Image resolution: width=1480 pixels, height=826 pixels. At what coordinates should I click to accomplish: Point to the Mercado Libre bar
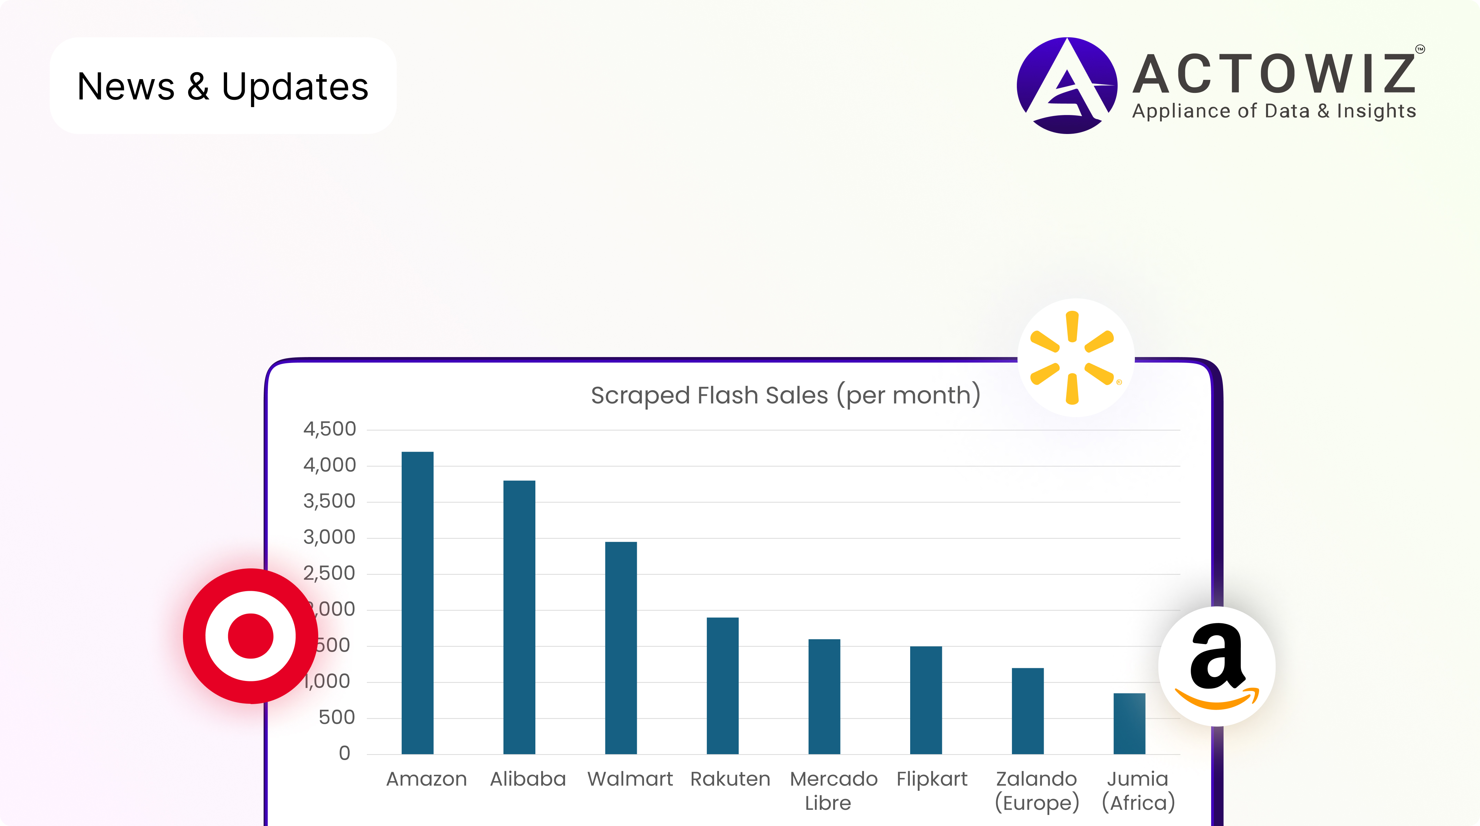[824, 696]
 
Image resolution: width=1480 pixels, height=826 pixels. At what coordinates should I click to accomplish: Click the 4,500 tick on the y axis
[329, 429]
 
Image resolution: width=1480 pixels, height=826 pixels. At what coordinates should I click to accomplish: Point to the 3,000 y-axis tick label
[329, 537]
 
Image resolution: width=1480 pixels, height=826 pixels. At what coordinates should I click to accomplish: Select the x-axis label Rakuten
[730, 779]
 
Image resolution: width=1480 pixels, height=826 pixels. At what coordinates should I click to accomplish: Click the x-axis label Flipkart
[932, 779]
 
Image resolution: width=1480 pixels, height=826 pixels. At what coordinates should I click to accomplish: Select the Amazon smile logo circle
[1216, 666]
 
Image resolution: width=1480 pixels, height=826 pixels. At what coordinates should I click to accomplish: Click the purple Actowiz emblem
[1066, 86]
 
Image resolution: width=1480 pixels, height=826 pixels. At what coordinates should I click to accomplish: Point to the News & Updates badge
[223, 86]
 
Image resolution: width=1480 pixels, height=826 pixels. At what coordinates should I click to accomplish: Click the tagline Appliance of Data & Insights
[1274, 111]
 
